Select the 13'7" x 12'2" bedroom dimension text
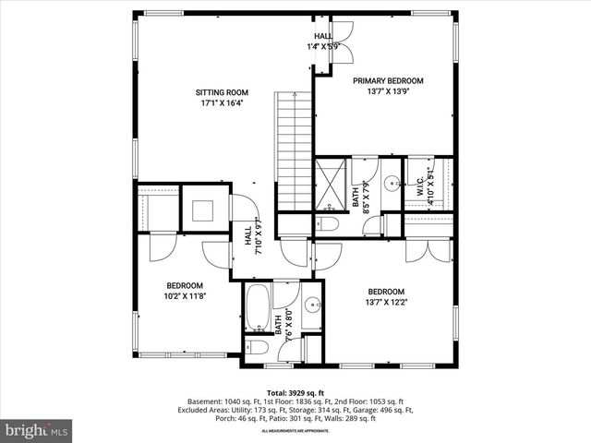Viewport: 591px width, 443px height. click(387, 301)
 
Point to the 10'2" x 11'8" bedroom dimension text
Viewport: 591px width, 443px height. click(184, 296)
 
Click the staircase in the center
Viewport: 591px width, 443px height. click(295, 151)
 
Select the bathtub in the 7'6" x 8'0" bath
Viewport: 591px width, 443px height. click(258, 308)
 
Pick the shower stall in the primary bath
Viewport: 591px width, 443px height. click(330, 184)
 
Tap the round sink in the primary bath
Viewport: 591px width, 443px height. click(391, 182)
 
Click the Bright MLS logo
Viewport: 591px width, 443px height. click(37, 430)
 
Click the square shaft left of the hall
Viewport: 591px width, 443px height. click(204, 207)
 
